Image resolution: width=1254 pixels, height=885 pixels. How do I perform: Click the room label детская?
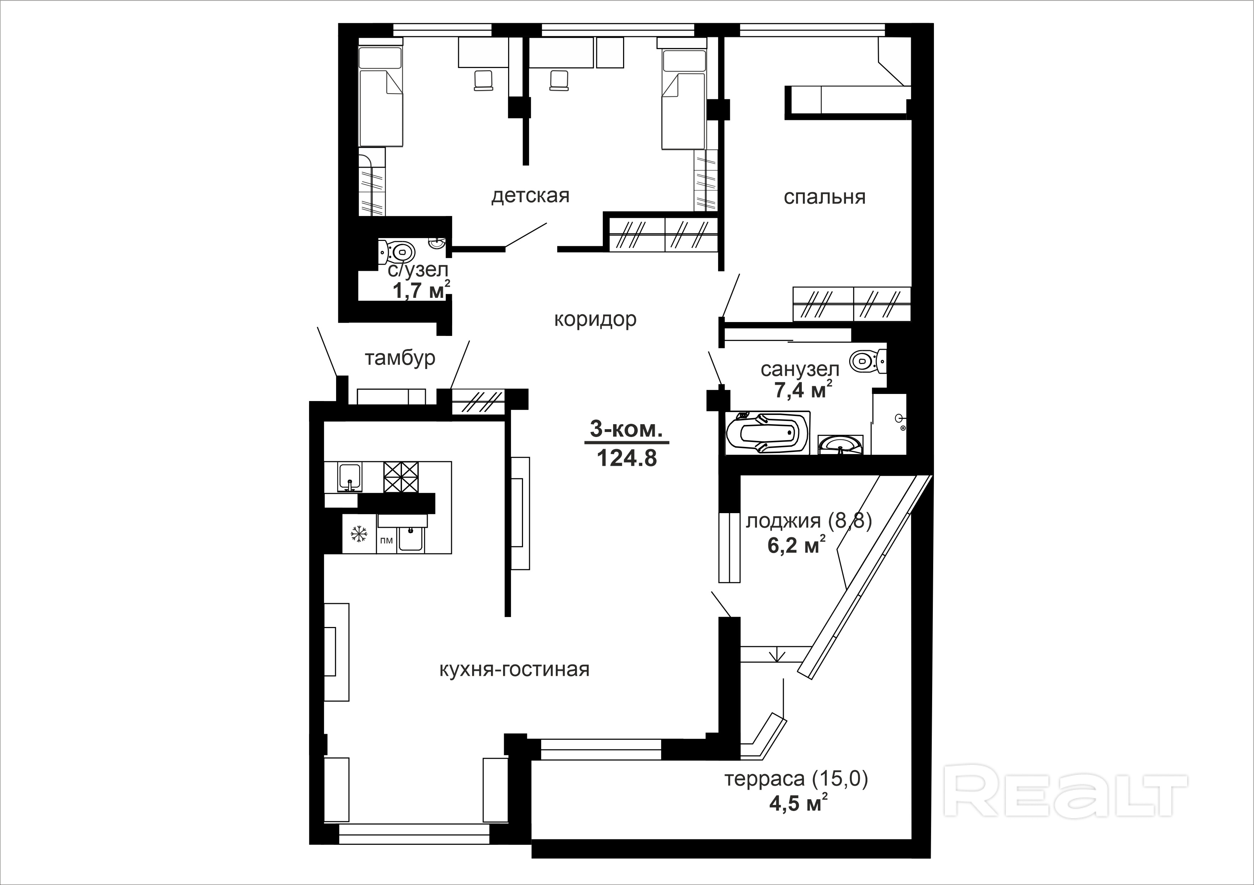click(530, 195)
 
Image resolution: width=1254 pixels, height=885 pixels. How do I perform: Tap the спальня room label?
click(825, 197)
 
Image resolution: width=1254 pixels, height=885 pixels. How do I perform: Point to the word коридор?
click(595, 320)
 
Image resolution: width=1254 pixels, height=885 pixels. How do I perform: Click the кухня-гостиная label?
click(514, 669)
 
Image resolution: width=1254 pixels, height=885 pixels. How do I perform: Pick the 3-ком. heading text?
click(626, 429)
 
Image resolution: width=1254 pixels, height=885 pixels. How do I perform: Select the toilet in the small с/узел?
click(398, 252)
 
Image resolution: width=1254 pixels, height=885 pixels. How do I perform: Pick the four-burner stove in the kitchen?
click(401, 477)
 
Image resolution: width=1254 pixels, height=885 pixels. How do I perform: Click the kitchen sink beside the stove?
click(349, 477)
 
